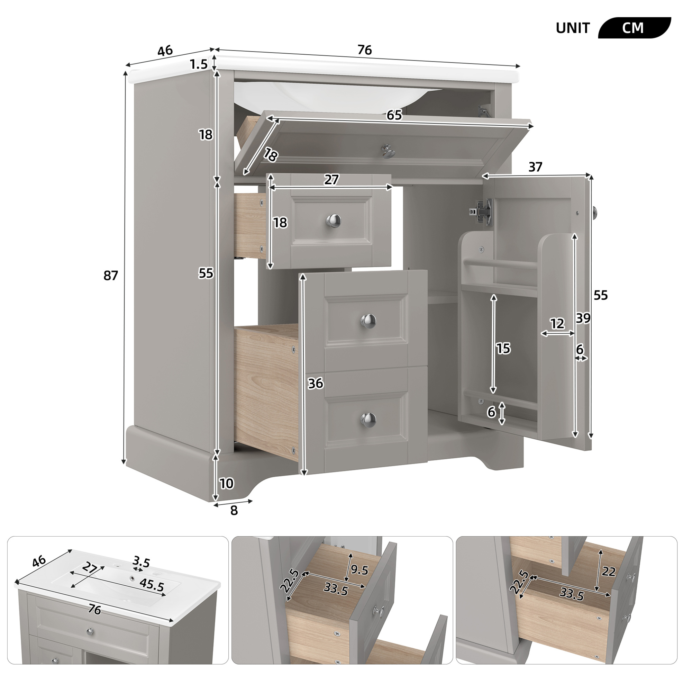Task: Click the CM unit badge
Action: pyautogui.click(x=634, y=28)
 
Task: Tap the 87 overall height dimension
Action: pyautogui.click(x=110, y=275)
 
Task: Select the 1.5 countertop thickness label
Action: pyautogui.click(x=199, y=64)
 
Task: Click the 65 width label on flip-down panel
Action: pyautogui.click(x=394, y=115)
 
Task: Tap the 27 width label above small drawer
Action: pyautogui.click(x=331, y=180)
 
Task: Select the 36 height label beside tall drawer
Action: pyautogui.click(x=315, y=384)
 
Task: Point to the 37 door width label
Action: pyautogui.click(x=535, y=167)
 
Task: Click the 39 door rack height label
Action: pyautogui.click(x=583, y=318)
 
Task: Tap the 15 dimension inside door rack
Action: pyautogui.click(x=503, y=348)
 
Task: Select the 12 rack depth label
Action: pyautogui.click(x=557, y=323)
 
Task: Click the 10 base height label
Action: pyautogui.click(x=227, y=483)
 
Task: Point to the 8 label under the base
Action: pyautogui.click(x=234, y=511)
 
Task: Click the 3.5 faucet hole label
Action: pyautogui.click(x=141, y=561)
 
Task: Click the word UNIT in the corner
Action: pyautogui.click(x=573, y=28)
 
